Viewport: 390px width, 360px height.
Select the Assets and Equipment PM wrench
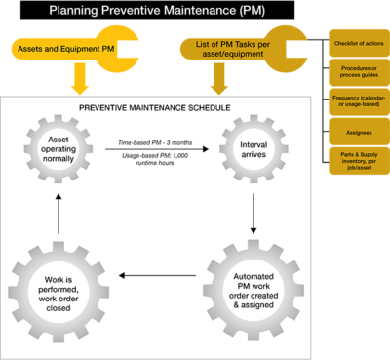coord(78,46)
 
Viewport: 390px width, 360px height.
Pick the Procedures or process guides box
coord(357,72)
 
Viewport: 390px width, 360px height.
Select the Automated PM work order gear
coord(252,282)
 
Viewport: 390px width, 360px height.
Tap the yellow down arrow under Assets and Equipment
coord(78,78)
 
